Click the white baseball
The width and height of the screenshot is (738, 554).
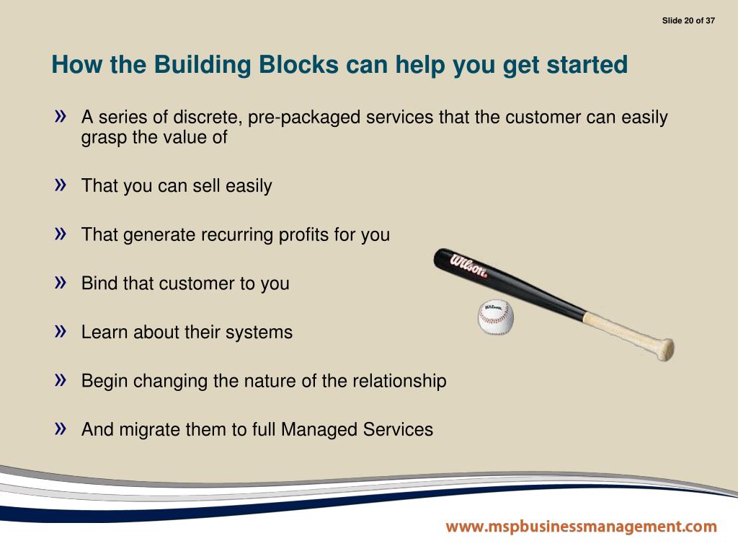[x=497, y=318]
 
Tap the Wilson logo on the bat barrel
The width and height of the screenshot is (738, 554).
[x=468, y=265]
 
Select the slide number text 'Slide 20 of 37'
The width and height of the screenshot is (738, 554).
[x=688, y=20]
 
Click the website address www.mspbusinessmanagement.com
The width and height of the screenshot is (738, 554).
[x=581, y=527]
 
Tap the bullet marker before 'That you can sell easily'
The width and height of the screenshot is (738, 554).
[x=61, y=184]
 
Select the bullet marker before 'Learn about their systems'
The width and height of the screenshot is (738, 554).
[x=61, y=330]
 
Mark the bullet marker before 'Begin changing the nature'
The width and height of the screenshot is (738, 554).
[x=61, y=379]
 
